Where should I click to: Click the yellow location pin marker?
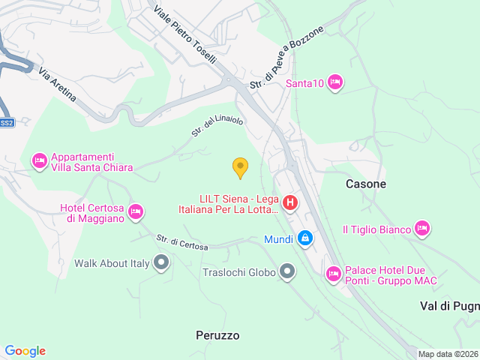tap(240, 167)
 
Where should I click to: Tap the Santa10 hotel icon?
tap(335, 82)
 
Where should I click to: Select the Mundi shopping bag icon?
tap(305, 239)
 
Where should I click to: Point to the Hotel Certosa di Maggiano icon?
tap(136, 212)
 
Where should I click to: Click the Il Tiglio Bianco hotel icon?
tap(422, 228)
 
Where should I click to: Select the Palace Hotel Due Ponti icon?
tap(334, 275)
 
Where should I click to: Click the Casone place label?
tap(366, 184)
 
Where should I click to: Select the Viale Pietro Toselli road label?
tap(184, 35)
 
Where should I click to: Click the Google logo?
tap(25, 350)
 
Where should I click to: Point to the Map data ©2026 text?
tap(447, 354)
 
